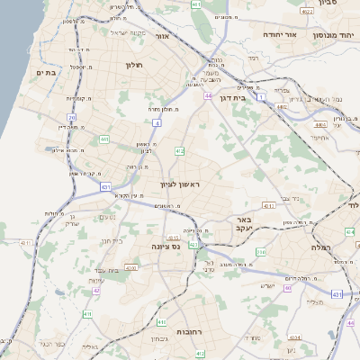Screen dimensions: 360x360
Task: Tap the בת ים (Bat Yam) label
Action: (x=46, y=71)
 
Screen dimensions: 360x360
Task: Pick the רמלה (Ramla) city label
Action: (x=322, y=247)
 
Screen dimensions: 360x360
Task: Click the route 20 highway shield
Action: (x=72, y=117)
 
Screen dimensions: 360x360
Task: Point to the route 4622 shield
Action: (x=307, y=12)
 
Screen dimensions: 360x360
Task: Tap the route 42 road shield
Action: (x=96, y=291)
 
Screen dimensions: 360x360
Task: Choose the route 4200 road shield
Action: (x=131, y=267)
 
